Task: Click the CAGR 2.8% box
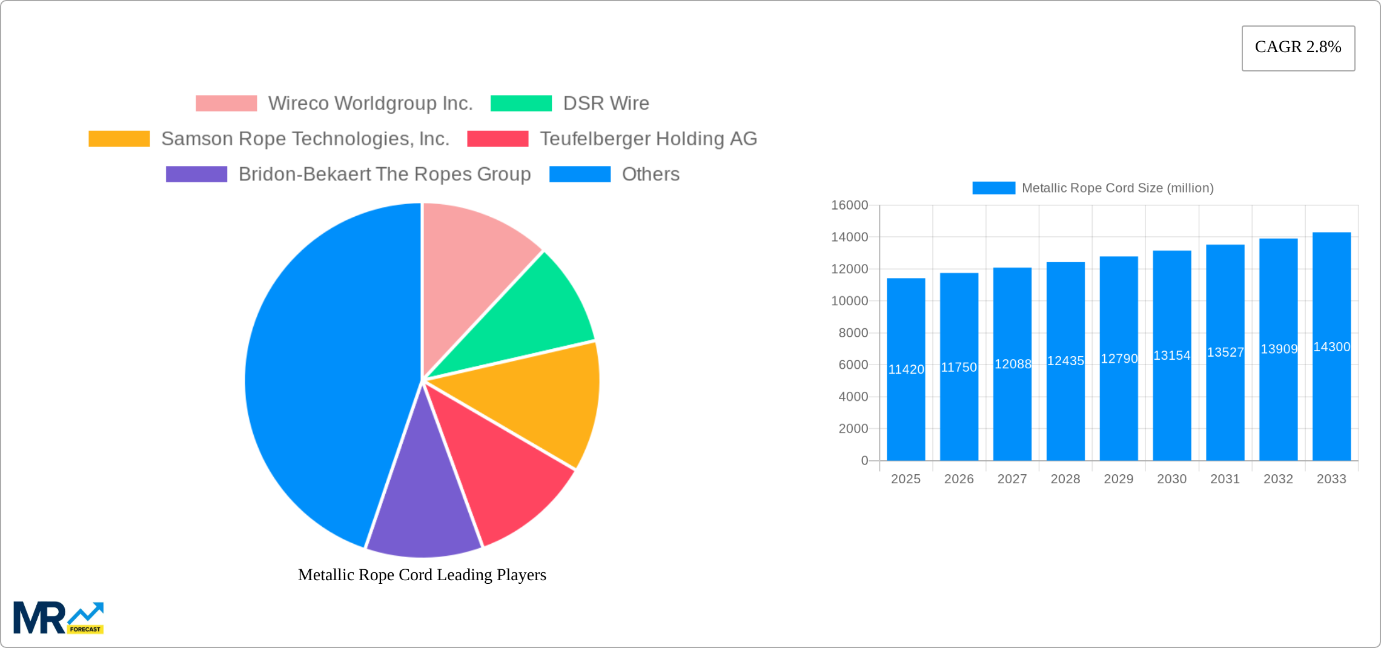point(1298,48)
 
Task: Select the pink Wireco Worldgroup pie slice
point(472,260)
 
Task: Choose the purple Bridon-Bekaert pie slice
point(424,509)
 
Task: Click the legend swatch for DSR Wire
point(521,104)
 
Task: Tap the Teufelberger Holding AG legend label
point(648,139)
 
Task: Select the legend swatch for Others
point(580,174)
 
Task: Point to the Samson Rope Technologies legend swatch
point(119,139)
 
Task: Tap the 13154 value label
point(1171,355)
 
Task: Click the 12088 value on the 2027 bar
point(1012,364)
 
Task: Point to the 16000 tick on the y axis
point(849,205)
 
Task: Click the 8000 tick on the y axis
point(853,333)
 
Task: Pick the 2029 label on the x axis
point(1118,479)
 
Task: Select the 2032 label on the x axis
point(1278,479)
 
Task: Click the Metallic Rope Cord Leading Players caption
point(422,575)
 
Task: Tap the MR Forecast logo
point(58,618)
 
